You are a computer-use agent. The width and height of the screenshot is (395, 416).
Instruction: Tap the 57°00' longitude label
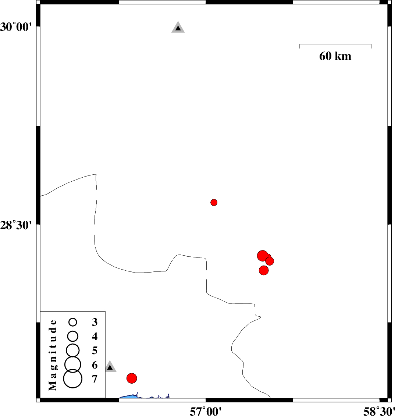pos(206,410)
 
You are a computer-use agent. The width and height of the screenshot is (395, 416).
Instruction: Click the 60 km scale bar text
pos(335,56)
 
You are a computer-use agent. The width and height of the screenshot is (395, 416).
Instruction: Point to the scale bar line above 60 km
pos(335,44)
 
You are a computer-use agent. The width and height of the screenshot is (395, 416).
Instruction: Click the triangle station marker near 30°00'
pos(178,28)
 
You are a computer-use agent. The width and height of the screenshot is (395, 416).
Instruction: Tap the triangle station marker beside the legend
pos(110,367)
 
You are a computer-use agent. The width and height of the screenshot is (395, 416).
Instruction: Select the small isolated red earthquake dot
pos(214,202)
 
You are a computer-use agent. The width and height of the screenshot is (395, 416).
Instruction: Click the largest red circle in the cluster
pos(262,256)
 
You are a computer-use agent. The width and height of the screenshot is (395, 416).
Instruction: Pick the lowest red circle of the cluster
pos(264,270)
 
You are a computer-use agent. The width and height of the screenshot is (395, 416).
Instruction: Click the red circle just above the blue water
pos(132,378)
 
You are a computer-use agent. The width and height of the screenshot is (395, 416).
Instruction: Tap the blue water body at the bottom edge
pos(129,397)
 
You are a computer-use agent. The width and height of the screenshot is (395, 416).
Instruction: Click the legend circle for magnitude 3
pos(73,322)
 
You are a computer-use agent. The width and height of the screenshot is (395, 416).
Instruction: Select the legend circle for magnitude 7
pos(73,378)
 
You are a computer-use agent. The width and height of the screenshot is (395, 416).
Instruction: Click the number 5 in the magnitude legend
pos(95,350)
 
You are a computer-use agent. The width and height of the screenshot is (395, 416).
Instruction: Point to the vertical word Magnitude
pos(53,355)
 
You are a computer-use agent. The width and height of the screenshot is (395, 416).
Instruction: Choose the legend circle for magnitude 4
pos(73,336)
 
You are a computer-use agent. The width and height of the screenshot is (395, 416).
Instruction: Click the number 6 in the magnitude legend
pos(95,365)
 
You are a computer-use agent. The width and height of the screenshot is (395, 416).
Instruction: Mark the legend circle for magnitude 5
pos(73,349)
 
